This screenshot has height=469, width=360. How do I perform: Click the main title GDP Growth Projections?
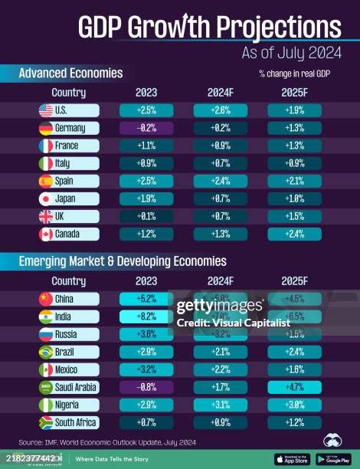pyautogui.click(x=210, y=28)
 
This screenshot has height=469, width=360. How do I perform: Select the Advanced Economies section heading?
pyautogui.click(x=70, y=74)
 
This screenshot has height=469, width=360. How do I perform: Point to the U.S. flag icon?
pyautogui.click(x=45, y=110)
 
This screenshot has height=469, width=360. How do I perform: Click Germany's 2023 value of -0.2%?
pyautogui.click(x=146, y=128)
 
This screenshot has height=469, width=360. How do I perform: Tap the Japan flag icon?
pyautogui.click(x=45, y=198)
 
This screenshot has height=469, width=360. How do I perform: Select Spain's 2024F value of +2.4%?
pyautogui.click(x=220, y=181)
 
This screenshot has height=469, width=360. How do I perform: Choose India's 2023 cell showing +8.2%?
pyautogui.click(x=146, y=316)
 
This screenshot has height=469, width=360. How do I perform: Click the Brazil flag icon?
pyautogui.click(x=45, y=352)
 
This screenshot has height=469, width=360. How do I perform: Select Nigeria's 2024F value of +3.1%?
pyautogui.click(x=220, y=405)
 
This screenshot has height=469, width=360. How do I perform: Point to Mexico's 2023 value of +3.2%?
pyautogui.click(x=146, y=369)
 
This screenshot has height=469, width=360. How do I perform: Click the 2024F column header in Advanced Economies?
pyautogui.click(x=220, y=93)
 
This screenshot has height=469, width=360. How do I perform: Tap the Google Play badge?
pyautogui.click(x=332, y=458)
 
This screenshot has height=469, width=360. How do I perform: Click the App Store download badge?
pyautogui.click(x=293, y=458)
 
